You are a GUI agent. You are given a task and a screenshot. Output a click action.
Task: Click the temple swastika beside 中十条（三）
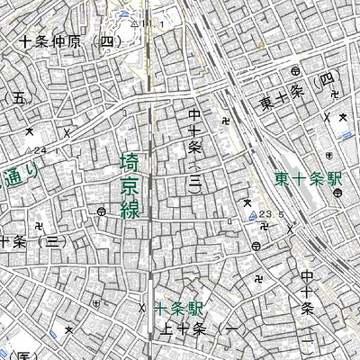(224, 118)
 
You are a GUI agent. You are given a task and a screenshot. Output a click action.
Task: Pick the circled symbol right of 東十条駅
(335, 193)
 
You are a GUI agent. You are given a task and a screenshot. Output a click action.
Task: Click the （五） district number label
(19, 98)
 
